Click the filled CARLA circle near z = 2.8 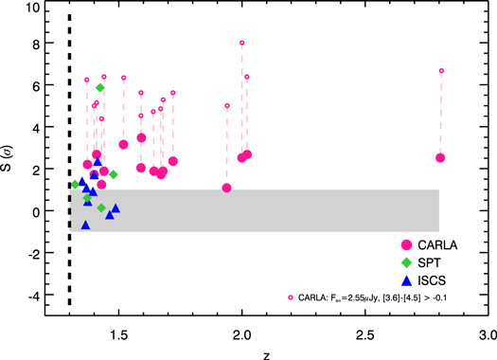440,158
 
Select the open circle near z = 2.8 441,71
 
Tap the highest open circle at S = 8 241,43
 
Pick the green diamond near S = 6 100,87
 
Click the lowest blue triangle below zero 86,225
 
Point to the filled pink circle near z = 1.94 227,188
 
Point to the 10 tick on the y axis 42,8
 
